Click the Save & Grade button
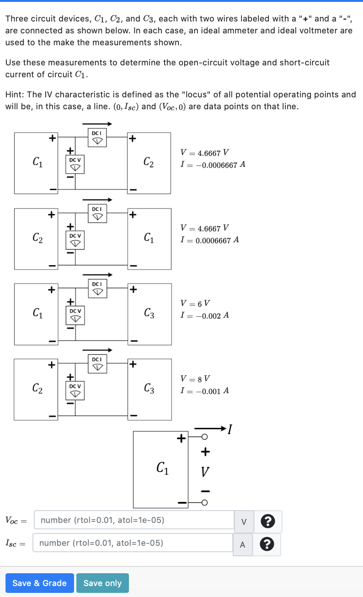click(39, 583)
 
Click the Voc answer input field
click(134, 520)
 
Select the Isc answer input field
click(133, 543)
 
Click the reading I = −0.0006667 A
click(213, 165)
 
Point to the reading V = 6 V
click(195, 303)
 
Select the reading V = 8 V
click(195, 378)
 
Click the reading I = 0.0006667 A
click(210, 240)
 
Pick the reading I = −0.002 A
click(204, 315)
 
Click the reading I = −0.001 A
click(204, 391)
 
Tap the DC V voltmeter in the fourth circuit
click(75, 390)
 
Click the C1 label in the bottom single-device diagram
click(162, 468)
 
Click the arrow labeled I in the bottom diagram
click(213, 429)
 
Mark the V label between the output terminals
click(205, 471)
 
